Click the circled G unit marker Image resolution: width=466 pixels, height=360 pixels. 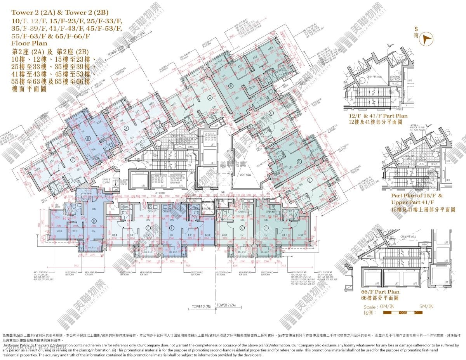click(242, 228)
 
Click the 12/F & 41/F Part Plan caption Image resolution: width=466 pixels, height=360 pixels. click(378, 116)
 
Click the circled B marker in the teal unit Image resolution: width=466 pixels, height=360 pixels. click(231, 86)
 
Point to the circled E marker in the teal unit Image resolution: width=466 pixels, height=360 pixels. click(309, 180)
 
